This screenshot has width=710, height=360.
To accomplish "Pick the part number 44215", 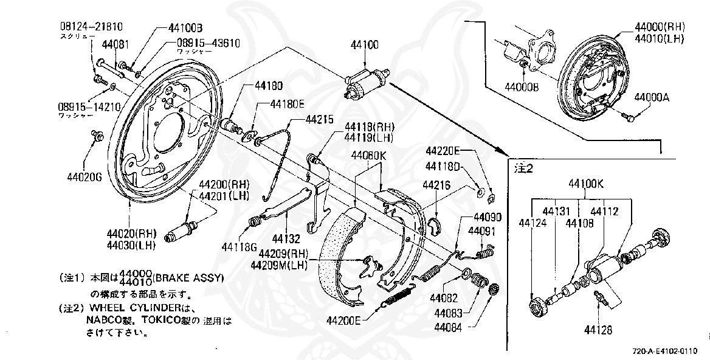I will pos(320,119).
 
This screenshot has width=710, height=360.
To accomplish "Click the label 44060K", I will pos(368,154).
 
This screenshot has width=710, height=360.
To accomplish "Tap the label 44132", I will pos(286,238).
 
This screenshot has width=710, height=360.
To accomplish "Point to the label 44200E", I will pos(343,320).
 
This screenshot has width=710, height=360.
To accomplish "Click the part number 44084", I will pos(447,327).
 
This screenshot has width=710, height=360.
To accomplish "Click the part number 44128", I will pos(598,330).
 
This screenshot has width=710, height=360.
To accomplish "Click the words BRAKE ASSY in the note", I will pos(188,278).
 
